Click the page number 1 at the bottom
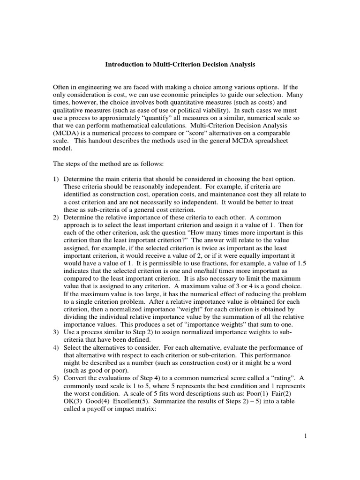[x=305, y=436]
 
